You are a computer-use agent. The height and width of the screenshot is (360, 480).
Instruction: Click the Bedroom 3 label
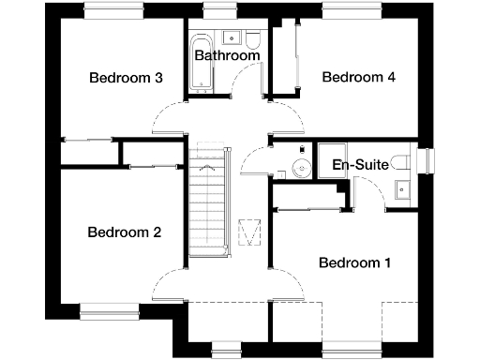(127, 78)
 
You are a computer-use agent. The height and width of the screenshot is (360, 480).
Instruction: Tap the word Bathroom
(227, 56)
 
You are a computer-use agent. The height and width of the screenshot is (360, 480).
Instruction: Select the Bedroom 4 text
(358, 78)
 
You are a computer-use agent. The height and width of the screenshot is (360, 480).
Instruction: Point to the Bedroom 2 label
(125, 232)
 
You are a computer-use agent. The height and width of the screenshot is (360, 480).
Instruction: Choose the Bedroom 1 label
(354, 262)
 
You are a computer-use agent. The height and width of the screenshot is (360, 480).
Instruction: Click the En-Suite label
(361, 166)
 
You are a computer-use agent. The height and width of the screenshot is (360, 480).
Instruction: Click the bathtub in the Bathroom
(199, 63)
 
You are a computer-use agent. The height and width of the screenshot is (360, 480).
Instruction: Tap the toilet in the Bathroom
(251, 41)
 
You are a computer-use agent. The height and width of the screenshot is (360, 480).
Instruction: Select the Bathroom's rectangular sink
(230, 38)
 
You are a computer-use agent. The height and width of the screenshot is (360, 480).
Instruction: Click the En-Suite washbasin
(403, 187)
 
